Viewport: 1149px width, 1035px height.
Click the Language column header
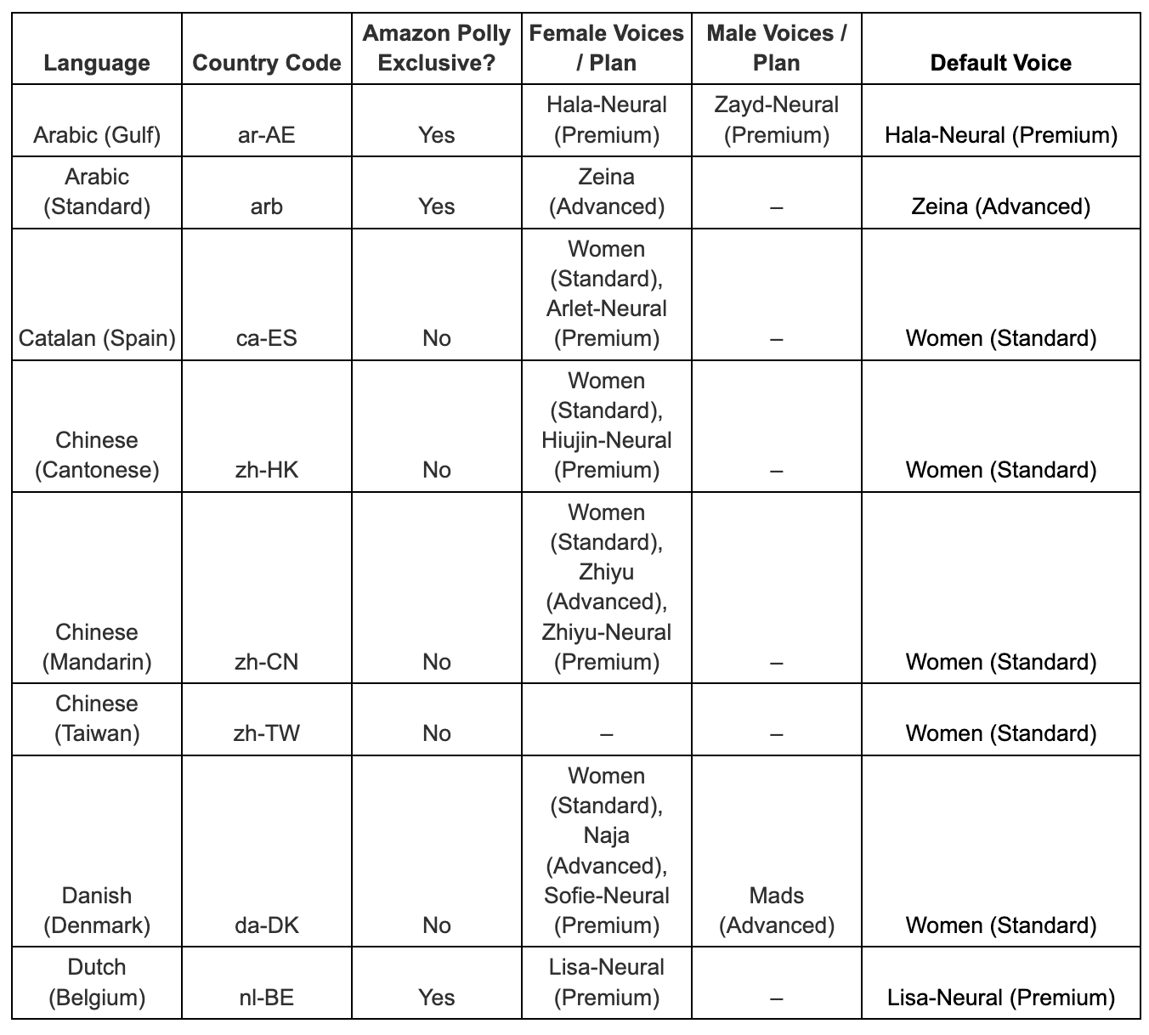click(x=97, y=63)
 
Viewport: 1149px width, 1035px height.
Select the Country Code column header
click(x=267, y=63)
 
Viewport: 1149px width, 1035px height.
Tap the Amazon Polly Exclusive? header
click(x=436, y=48)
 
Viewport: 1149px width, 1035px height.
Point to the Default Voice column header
click(x=1000, y=63)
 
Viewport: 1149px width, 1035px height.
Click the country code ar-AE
click(x=267, y=135)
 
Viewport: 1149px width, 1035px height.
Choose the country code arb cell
click(x=267, y=206)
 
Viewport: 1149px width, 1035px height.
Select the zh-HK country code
click(x=267, y=470)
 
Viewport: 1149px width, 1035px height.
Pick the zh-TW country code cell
click(x=267, y=733)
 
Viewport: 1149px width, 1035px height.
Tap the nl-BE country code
click(x=267, y=997)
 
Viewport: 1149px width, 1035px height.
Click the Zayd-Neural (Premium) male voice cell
click(x=776, y=120)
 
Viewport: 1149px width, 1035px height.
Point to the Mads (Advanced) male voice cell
click(x=776, y=910)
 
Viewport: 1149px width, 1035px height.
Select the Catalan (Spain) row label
click(x=97, y=338)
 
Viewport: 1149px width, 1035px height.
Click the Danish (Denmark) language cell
click(x=97, y=910)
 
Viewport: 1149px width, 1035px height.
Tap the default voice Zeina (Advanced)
click(x=1000, y=206)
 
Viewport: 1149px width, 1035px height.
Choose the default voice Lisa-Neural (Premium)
click(x=1000, y=997)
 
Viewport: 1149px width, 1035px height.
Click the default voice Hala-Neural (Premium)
click(x=1000, y=135)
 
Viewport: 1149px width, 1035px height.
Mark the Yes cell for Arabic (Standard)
click(x=436, y=206)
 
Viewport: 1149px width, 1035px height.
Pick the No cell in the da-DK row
click(x=436, y=925)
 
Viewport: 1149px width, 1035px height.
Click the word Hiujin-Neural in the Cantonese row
click(x=606, y=440)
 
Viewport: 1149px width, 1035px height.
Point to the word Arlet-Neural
click(x=606, y=308)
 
